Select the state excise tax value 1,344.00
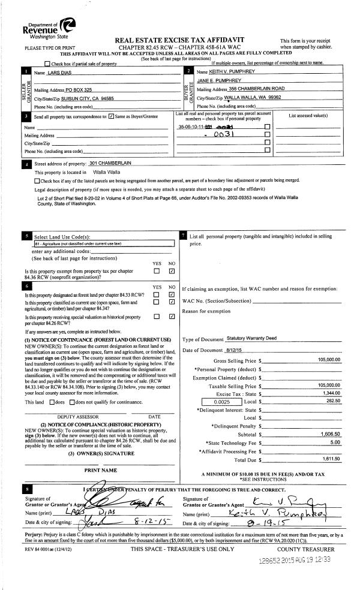[330, 393]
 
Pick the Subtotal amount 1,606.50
[329, 434]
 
